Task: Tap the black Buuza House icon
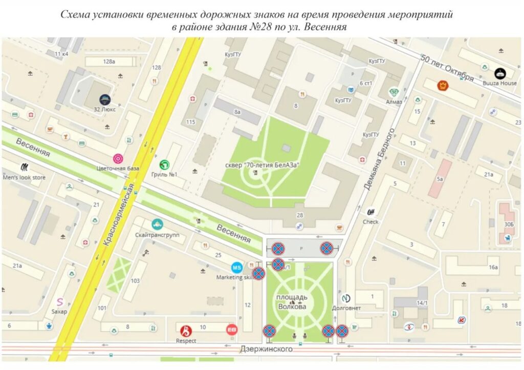pos(500,73)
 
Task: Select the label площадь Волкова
pos(292,302)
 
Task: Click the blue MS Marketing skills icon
pos(237,267)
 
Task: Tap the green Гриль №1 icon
pos(165,165)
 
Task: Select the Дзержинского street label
pos(266,349)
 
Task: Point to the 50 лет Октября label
pos(447,68)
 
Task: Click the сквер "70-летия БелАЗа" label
pos(262,165)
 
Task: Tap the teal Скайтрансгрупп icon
pos(157,224)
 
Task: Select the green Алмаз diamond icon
pos(394,92)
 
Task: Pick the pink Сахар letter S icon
pos(60,302)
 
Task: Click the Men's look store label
pos(24,178)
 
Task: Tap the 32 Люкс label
pos(104,109)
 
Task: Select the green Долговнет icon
pos(345,298)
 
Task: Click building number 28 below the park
pos(300,214)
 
